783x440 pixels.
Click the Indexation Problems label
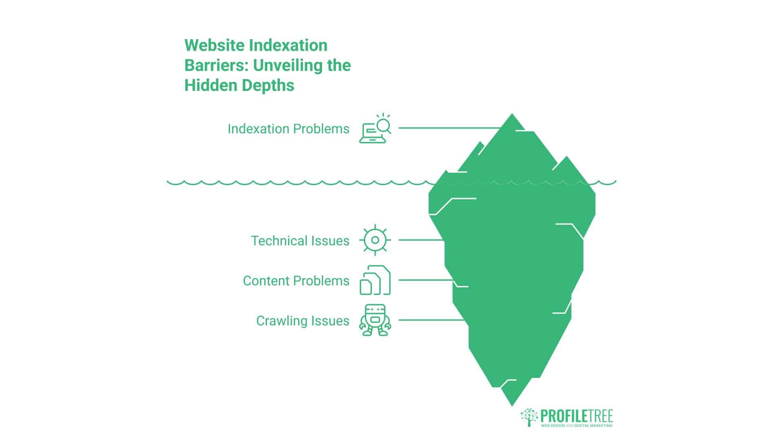[x=288, y=129]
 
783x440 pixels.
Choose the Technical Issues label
[x=300, y=241]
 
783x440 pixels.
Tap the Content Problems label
[x=296, y=281]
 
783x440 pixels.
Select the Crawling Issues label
[x=303, y=321]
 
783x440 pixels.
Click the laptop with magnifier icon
[x=375, y=128]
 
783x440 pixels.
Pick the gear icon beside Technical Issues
[x=375, y=240]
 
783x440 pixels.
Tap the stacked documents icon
[x=375, y=280]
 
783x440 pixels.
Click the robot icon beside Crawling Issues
[x=375, y=320]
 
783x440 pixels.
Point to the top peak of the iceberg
[x=512, y=114]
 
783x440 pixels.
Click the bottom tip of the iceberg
[x=512, y=406]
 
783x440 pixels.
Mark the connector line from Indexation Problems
[x=450, y=128]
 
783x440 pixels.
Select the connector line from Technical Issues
[x=421, y=240]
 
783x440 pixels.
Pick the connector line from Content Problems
[x=426, y=280]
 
